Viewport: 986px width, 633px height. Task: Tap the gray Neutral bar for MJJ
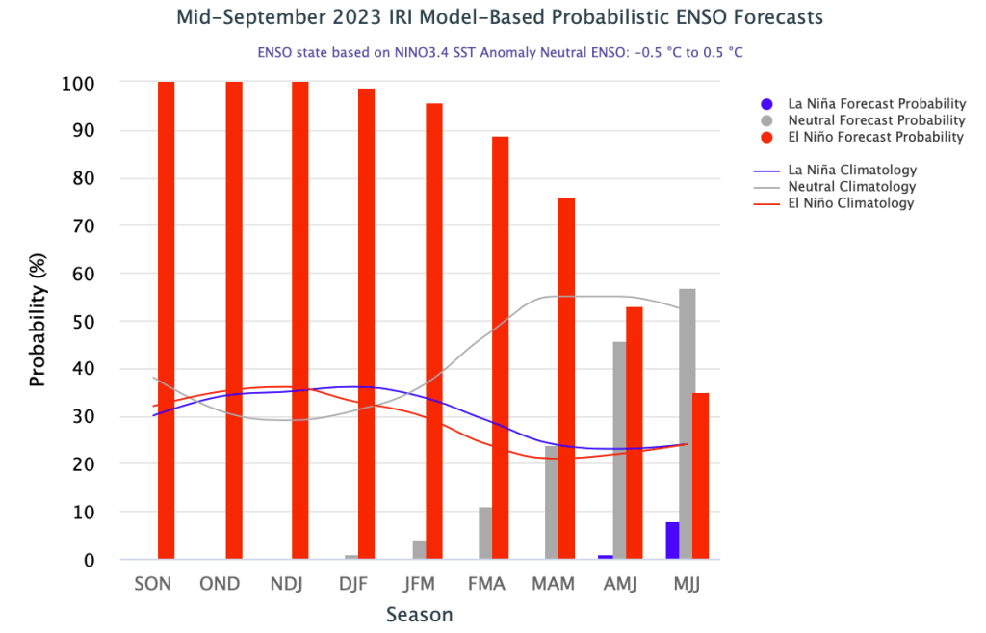click(687, 424)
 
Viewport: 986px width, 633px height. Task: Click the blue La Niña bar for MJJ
click(671, 541)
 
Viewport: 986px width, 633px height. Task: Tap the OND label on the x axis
click(219, 585)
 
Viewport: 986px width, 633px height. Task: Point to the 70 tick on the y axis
click(85, 226)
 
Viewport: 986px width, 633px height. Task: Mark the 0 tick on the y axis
click(90, 560)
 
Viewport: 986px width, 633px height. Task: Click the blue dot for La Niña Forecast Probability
click(766, 104)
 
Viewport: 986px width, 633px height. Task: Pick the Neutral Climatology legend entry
click(851, 187)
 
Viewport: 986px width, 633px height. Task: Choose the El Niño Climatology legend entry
click(850, 203)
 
